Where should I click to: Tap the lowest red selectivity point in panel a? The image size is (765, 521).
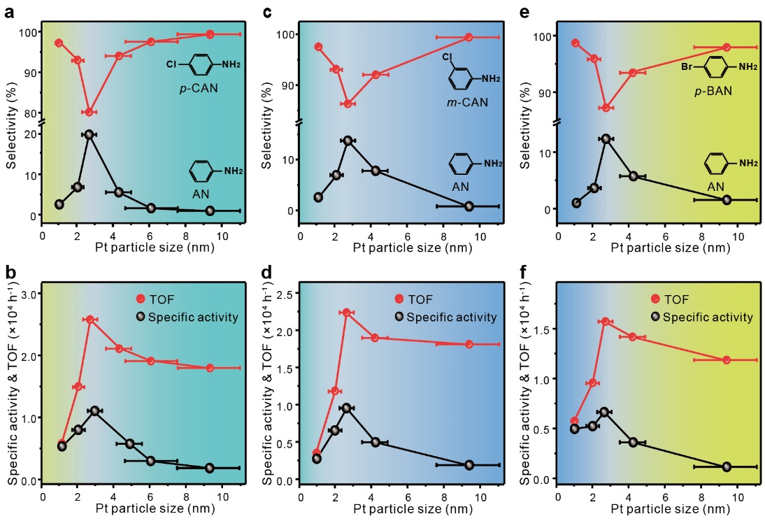(90, 112)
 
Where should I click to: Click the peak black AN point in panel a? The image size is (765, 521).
(90, 134)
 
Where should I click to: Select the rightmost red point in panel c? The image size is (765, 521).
(469, 37)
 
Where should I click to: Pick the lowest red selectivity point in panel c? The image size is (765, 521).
(348, 104)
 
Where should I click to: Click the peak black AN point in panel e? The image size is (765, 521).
(606, 139)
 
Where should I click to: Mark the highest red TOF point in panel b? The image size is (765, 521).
(90, 320)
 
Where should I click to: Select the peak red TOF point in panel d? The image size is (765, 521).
(346, 312)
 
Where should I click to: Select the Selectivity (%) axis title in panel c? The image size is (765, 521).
(266, 119)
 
